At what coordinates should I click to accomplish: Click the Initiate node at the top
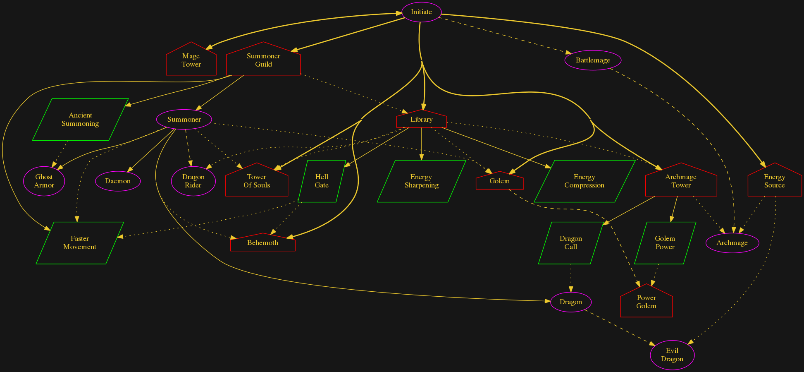click(421, 12)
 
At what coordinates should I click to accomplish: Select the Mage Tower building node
click(191, 60)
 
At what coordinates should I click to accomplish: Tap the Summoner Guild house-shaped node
click(263, 60)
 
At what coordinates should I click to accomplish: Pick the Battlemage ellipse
click(593, 60)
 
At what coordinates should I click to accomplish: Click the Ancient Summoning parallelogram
click(80, 119)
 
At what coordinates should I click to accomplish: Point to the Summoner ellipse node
click(184, 119)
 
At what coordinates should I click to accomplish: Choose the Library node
click(421, 120)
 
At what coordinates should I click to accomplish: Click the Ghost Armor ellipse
click(44, 181)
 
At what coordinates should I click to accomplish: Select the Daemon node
click(118, 181)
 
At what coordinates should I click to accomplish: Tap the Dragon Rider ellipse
click(193, 181)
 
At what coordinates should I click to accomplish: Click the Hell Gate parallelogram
click(322, 181)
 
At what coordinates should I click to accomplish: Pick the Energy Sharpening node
click(421, 181)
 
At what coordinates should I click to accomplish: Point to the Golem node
click(499, 181)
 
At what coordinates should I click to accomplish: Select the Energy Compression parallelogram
click(584, 181)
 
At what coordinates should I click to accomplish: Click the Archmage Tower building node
click(681, 181)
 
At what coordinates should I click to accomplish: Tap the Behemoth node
click(262, 243)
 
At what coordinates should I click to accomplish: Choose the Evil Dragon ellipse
click(672, 355)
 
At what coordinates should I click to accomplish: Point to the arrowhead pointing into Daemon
click(129, 169)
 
